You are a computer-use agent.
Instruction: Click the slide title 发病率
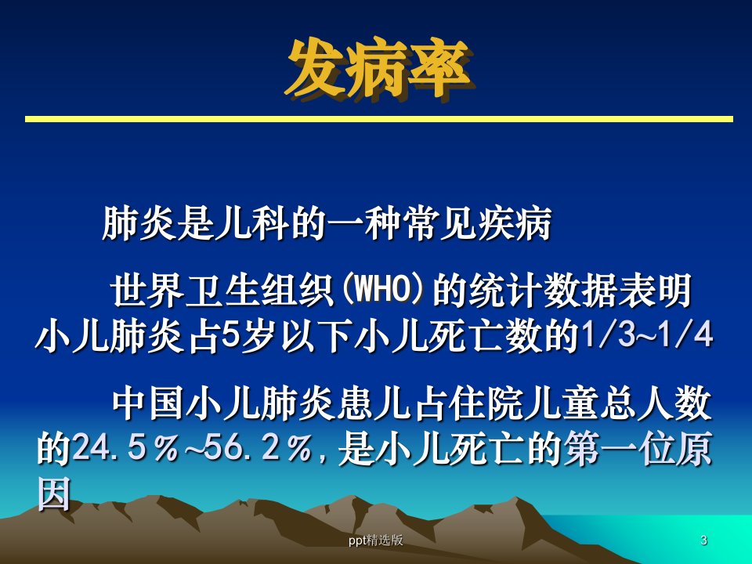(x=378, y=70)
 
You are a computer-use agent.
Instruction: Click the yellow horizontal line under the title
(x=379, y=119)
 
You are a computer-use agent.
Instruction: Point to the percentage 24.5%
(x=125, y=449)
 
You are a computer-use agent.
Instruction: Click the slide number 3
(x=703, y=540)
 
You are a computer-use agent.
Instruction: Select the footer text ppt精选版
(x=375, y=540)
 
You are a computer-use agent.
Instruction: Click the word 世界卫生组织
(x=222, y=290)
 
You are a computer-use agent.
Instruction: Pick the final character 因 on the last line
(x=54, y=493)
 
